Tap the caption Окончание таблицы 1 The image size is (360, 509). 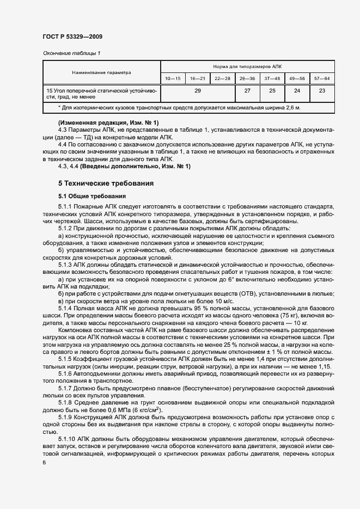(x=71, y=53)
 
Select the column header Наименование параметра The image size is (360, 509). (x=102, y=72)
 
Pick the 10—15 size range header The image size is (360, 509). (x=173, y=79)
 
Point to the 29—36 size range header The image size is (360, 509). (x=247, y=79)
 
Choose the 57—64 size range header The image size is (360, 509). (x=321, y=79)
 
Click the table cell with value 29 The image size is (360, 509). (x=197, y=91)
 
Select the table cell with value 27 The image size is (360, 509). (x=247, y=91)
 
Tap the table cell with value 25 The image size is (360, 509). (x=272, y=91)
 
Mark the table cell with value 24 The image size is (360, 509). (x=297, y=91)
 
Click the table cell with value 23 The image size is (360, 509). (x=321, y=91)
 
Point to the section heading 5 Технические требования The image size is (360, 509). (x=106, y=183)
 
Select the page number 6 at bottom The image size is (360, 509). (x=44, y=462)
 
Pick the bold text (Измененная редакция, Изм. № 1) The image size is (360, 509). (x=108, y=122)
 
